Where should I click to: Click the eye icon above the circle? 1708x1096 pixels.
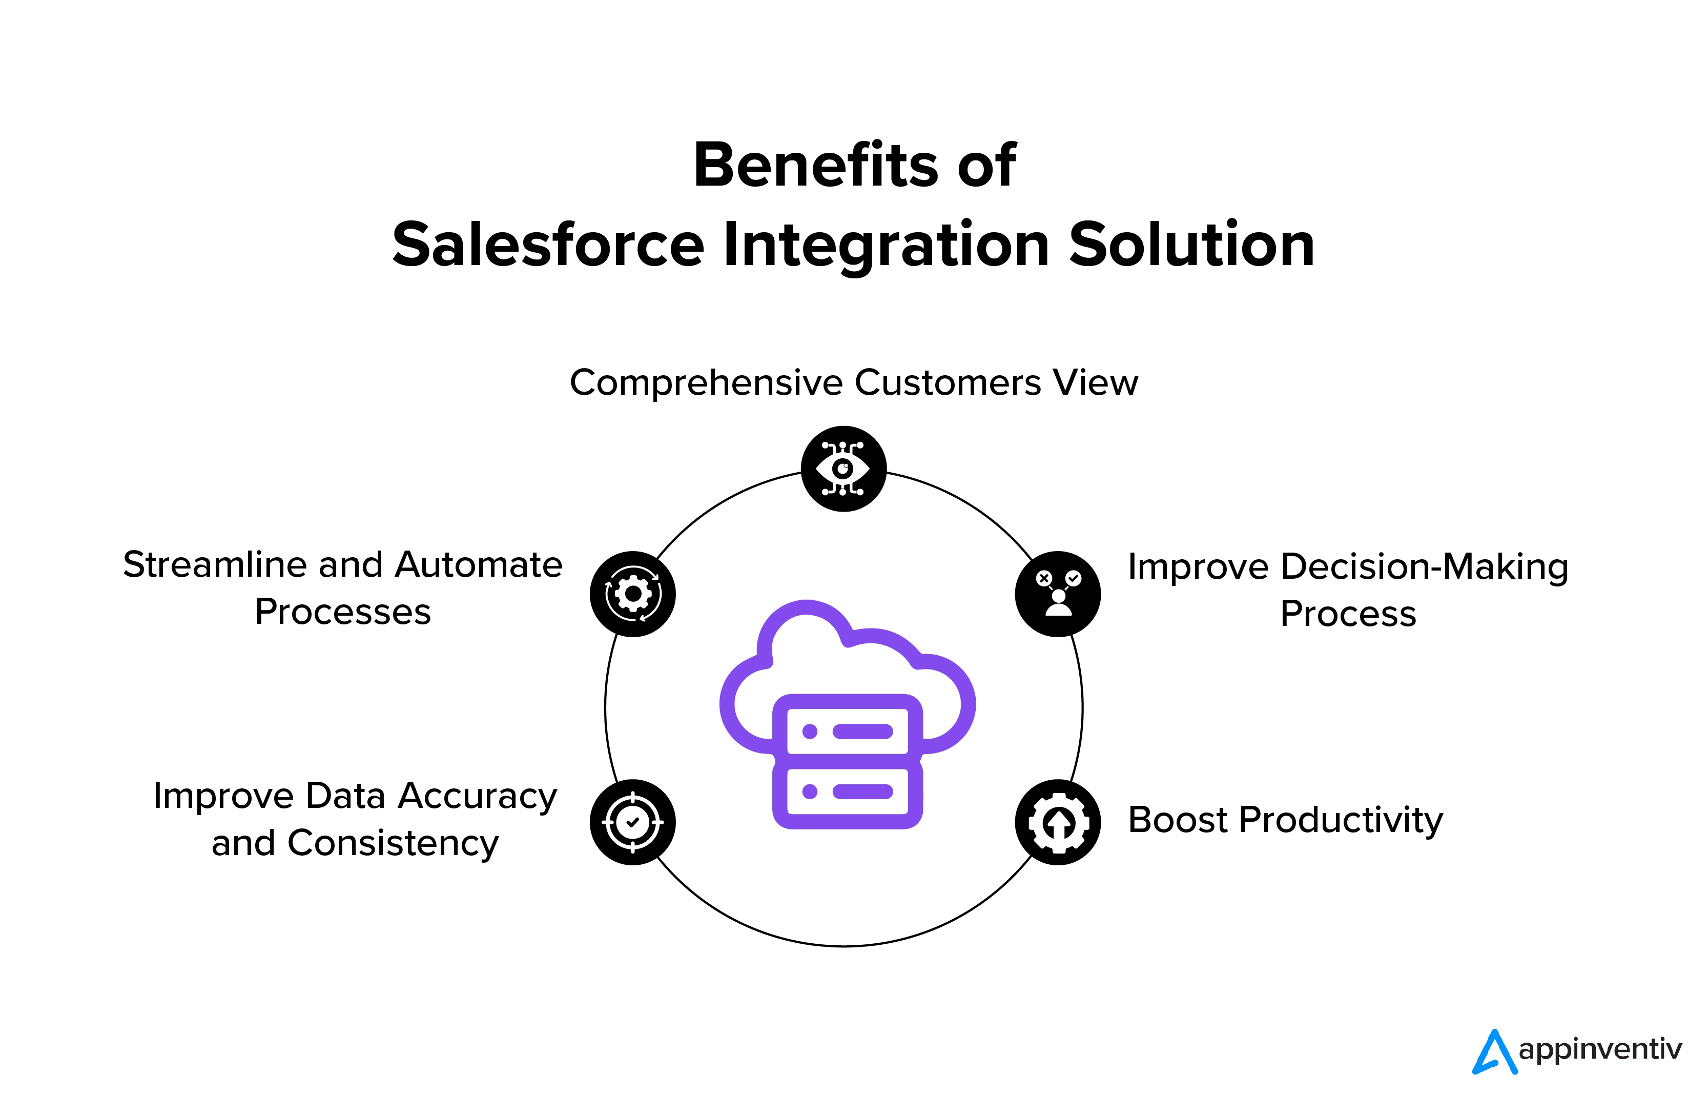tap(843, 469)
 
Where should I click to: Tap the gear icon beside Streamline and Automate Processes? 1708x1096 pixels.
tap(632, 594)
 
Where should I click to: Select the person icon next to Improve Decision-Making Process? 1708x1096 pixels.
tap(1058, 594)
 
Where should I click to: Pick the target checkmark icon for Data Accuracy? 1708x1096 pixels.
tap(632, 823)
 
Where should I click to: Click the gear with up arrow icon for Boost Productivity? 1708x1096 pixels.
tap(1058, 823)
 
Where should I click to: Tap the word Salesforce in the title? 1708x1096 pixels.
tap(548, 245)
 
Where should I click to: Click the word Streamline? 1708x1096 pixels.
tap(215, 565)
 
